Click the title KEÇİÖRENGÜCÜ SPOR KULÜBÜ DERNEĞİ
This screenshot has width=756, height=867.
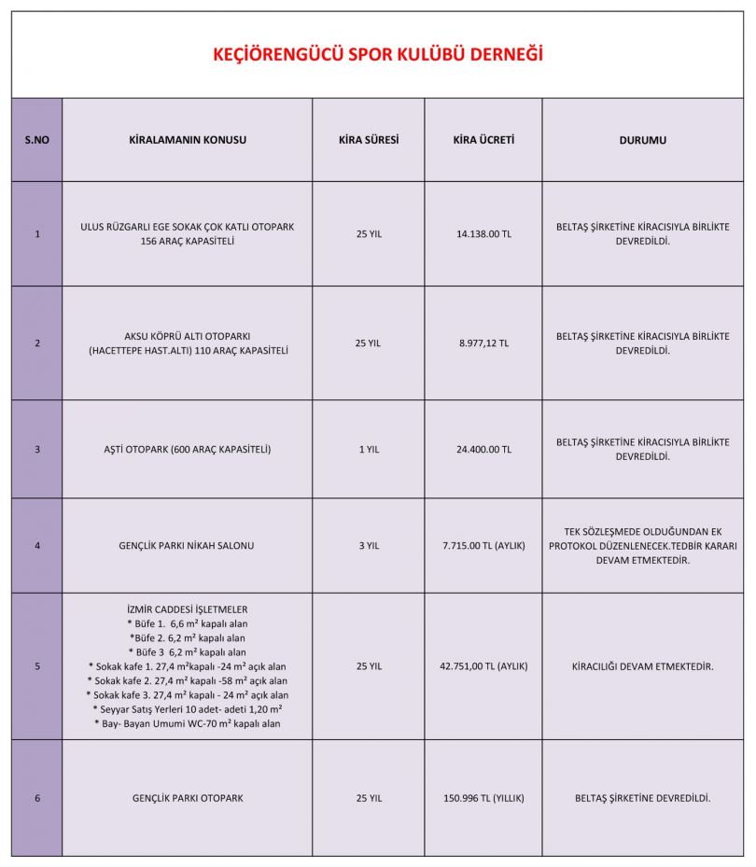tap(377, 54)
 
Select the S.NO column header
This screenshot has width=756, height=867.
tap(36, 140)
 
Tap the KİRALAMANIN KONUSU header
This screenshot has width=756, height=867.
tap(187, 140)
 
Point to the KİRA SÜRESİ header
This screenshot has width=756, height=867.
tap(369, 140)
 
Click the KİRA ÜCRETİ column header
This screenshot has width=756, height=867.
tap(483, 140)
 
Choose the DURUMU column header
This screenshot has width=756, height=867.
tap(642, 141)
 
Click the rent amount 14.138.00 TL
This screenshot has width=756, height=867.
tap(483, 234)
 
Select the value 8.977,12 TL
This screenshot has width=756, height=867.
tap(483, 343)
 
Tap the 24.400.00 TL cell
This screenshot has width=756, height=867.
tap(483, 449)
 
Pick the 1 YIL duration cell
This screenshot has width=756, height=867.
tap(369, 449)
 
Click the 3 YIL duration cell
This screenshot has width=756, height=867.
tap(369, 545)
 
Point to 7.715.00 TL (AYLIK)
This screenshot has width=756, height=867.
tap(483, 545)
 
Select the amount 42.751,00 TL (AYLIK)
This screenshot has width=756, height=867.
tap(483, 666)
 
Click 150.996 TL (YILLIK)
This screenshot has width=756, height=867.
tap(483, 799)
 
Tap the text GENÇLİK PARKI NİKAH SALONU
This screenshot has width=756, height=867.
tap(187, 545)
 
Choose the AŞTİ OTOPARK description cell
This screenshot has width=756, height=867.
tap(187, 449)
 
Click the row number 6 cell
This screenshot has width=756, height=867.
tap(36, 799)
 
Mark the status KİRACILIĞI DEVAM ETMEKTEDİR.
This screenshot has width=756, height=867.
tap(642, 666)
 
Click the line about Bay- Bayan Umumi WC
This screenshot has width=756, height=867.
tap(187, 723)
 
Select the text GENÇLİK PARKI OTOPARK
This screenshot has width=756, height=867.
tap(187, 799)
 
